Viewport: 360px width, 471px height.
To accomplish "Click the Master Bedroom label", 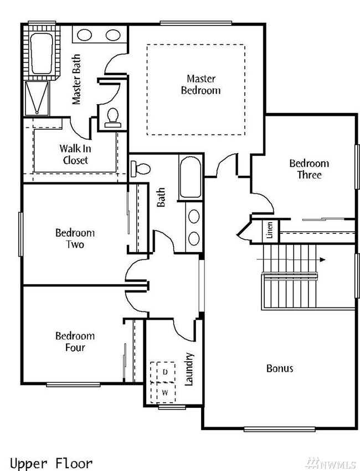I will [x=200, y=84].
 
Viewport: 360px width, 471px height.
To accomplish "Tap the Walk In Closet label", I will [x=74, y=155].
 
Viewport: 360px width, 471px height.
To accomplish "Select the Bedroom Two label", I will [x=74, y=238].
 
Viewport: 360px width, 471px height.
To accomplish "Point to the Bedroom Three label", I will [x=308, y=169].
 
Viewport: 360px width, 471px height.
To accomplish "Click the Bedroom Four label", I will [x=74, y=341].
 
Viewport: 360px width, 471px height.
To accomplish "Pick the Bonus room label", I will [x=280, y=368].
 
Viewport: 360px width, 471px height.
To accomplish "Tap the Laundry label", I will [x=189, y=369].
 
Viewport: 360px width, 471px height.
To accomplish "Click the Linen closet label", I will [x=269, y=229].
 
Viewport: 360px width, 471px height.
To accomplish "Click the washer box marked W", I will [x=164, y=392].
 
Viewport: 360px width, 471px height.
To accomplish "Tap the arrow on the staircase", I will [x=321, y=259].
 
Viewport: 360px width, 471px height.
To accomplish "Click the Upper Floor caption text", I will [x=51, y=463].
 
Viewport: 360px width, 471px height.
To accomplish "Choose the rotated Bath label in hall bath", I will [x=161, y=198].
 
